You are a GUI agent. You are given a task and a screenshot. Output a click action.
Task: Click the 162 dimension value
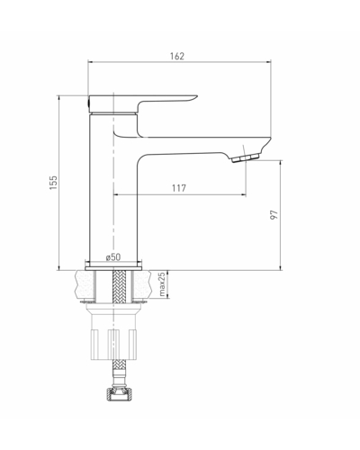[177, 56]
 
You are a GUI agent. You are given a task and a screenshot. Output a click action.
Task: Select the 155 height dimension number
[53, 183]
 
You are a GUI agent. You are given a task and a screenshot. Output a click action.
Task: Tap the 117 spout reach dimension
[179, 188]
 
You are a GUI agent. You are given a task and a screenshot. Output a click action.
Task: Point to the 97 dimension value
[274, 215]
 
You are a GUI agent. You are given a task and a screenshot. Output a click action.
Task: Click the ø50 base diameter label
[113, 257]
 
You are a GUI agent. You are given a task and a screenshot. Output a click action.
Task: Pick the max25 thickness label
[162, 284]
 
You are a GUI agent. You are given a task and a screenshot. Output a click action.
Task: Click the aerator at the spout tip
[246, 157]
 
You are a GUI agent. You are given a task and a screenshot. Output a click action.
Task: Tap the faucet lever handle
[143, 103]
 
